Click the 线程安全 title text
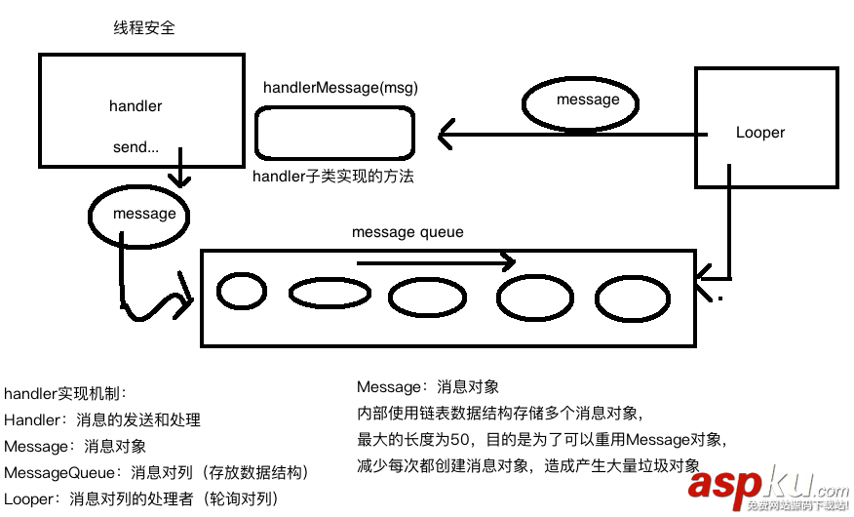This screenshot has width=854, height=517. (144, 28)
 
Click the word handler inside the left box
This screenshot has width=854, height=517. (136, 105)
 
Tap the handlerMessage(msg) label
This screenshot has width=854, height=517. (340, 88)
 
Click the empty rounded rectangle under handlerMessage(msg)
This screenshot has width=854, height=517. (334, 133)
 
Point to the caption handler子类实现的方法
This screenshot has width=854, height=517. (333, 177)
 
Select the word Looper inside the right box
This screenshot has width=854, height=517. (759, 133)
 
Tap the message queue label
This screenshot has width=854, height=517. (408, 232)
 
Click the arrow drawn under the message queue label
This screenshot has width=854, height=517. (435, 261)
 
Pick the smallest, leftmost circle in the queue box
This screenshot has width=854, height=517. (241, 291)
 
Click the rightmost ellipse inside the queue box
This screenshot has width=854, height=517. (633, 299)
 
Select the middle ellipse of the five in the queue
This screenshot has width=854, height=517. (427, 298)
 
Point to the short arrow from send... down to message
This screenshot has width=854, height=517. (177, 174)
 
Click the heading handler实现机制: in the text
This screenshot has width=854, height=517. (65, 393)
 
